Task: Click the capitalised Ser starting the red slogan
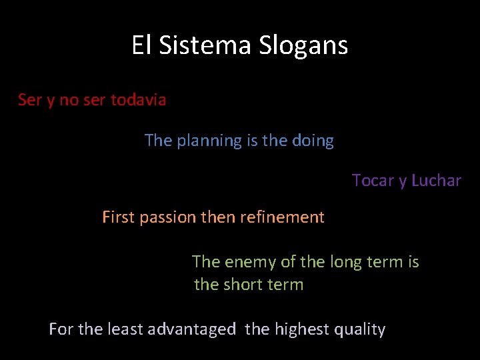coord(29,100)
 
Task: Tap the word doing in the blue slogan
coord(313,141)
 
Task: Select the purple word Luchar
coord(436,181)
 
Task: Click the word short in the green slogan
coord(242,285)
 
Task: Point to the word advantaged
coord(191,329)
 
